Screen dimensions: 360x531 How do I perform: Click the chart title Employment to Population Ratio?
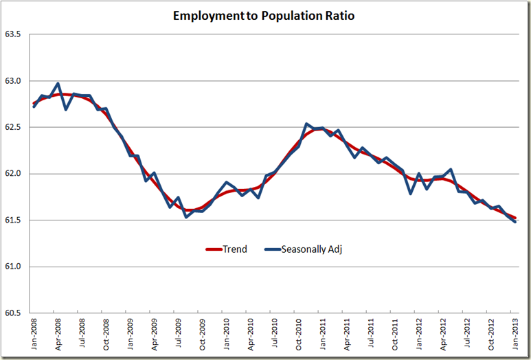pyautogui.click(x=264, y=15)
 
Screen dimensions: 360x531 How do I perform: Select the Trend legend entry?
pyautogui.click(x=227, y=249)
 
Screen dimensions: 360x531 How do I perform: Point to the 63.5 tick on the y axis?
pyautogui.click(x=14, y=34)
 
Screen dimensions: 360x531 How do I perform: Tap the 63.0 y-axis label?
pyautogui.click(x=14, y=81)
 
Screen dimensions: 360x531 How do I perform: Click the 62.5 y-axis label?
pyautogui.click(x=14, y=127)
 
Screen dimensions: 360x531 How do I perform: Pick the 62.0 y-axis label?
pyautogui.click(x=14, y=174)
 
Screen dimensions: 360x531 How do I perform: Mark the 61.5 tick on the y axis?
pyautogui.click(x=14, y=221)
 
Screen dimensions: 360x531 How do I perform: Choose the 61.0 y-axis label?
pyautogui.click(x=14, y=267)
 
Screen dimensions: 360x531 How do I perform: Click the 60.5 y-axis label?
pyautogui.click(x=14, y=313)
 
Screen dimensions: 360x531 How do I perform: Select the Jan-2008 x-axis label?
pyautogui.click(x=34, y=335)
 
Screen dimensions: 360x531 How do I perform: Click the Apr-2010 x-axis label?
pyautogui.click(x=251, y=335)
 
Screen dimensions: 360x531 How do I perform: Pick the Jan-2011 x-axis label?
pyautogui.click(x=323, y=335)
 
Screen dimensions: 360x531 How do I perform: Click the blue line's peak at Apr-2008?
pyautogui.click(x=58, y=84)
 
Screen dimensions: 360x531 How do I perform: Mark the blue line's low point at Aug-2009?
pyautogui.click(x=186, y=217)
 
